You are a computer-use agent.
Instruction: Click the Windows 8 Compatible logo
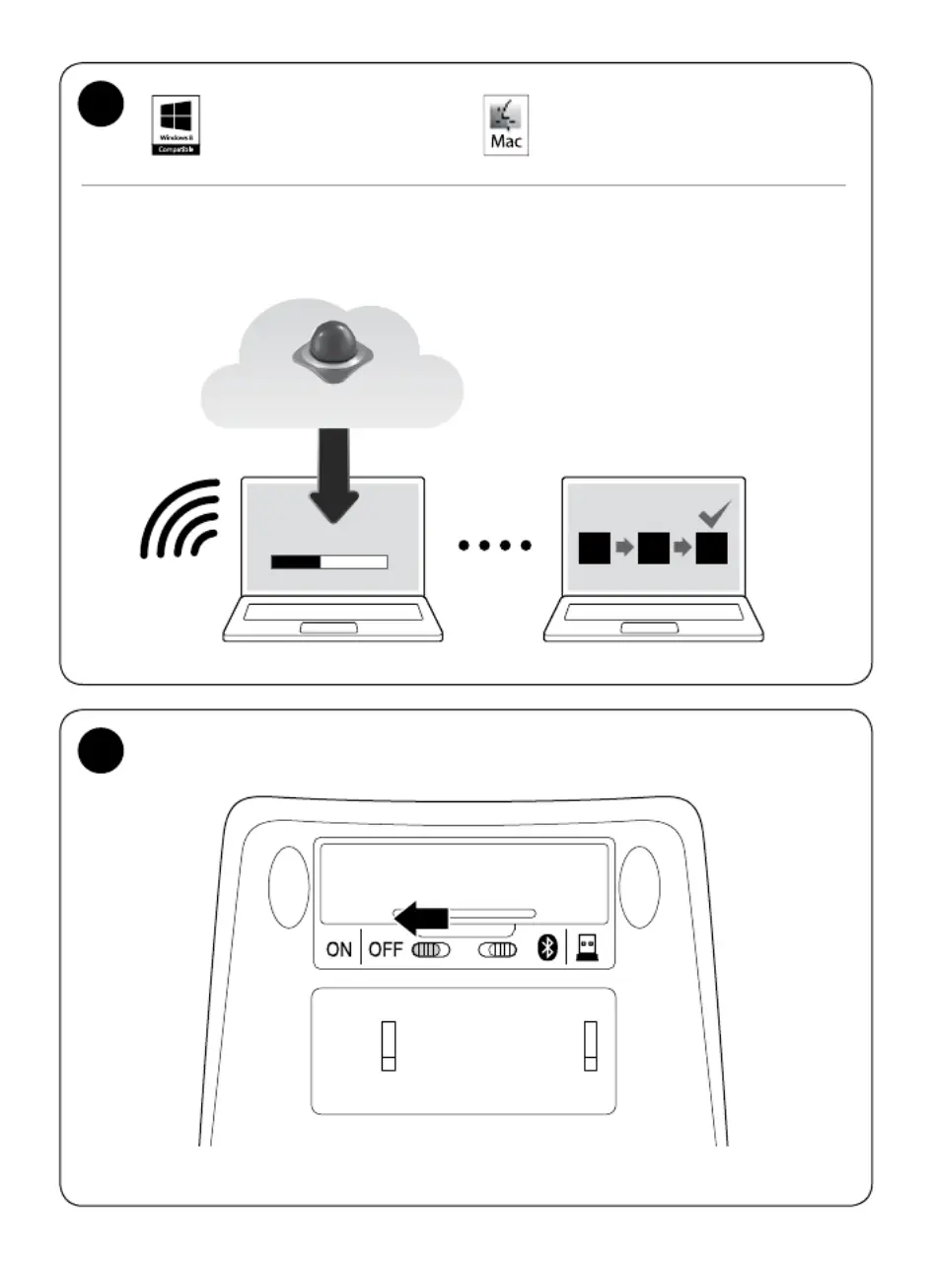pos(176,124)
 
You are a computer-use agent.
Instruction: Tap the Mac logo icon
pos(505,125)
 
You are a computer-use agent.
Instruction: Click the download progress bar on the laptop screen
pos(329,562)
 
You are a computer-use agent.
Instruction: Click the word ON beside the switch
pos(338,950)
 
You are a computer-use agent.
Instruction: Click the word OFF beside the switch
pos(387,950)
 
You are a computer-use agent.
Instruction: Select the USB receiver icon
pos(588,948)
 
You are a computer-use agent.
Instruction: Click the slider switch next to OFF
pos(431,950)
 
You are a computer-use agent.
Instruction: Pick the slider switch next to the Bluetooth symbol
pos(498,950)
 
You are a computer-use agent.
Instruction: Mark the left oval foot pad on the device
pos(289,887)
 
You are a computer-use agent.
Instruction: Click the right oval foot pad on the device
pos(638,887)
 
